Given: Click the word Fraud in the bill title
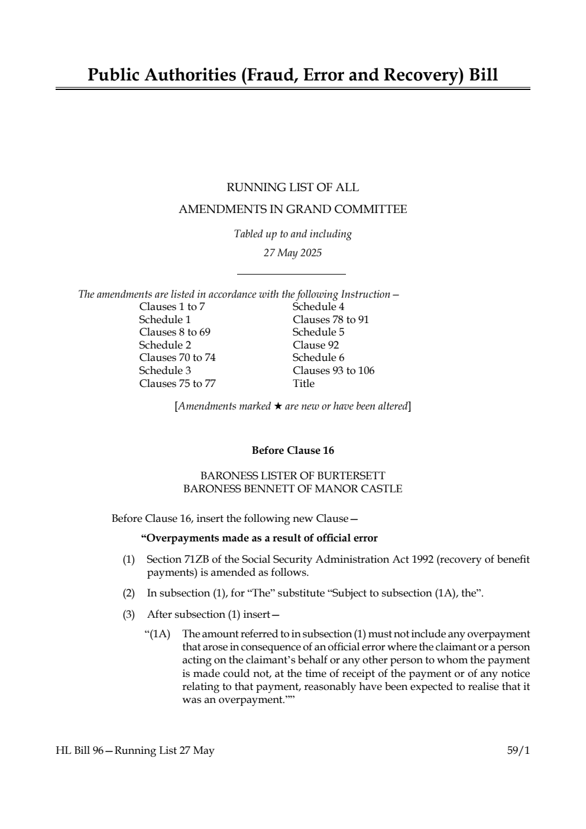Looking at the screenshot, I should [261, 75].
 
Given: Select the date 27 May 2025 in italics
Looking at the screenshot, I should [293, 253].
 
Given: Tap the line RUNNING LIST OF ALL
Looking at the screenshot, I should [293, 188].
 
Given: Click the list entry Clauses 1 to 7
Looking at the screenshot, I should [172, 307].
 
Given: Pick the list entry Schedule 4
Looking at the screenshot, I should [318, 307].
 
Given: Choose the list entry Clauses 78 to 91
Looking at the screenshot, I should [331, 320].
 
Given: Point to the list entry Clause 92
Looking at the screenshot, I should [316, 345].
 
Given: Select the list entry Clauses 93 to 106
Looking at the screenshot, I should [334, 370].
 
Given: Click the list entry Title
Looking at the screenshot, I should [303, 383].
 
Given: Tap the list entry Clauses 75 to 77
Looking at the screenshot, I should [177, 383].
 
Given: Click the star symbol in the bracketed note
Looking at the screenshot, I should [277, 407].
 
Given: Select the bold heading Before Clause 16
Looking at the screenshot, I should [293, 451].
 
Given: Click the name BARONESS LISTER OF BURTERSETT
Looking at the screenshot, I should [293, 476].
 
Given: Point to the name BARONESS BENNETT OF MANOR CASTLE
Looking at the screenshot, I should [293, 489].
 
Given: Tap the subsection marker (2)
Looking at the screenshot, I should [129, 593].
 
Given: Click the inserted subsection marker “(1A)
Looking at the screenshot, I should [157, 634].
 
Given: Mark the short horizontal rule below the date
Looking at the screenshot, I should [291, 274].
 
